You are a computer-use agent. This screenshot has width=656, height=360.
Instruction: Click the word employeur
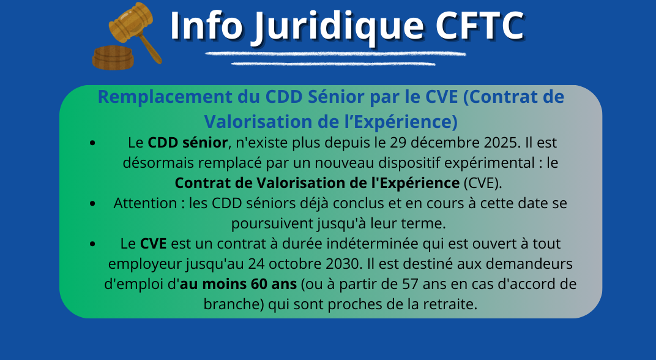tap(139, 264)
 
